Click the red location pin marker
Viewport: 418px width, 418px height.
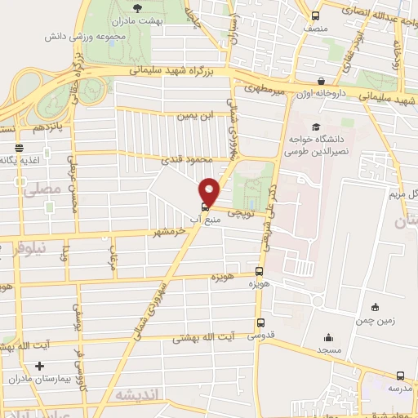tap(210, 191)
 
